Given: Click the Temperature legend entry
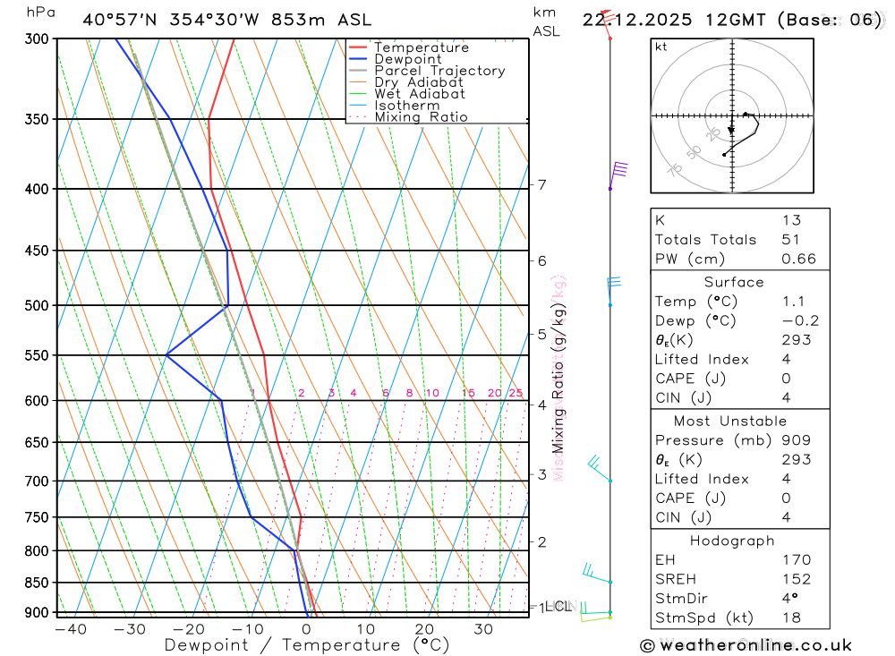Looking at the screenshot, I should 421,47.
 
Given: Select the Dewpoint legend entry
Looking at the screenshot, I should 407,59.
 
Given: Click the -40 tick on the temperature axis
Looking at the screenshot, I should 70,629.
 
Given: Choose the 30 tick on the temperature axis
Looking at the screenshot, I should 483,629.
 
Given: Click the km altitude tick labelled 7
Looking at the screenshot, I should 541,185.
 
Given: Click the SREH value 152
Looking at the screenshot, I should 796,579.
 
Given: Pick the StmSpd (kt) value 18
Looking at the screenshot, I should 791,618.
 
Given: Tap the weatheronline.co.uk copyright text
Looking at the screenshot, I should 746,644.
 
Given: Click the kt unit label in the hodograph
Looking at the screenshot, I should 661,47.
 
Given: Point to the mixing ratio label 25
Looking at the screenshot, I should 516,393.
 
